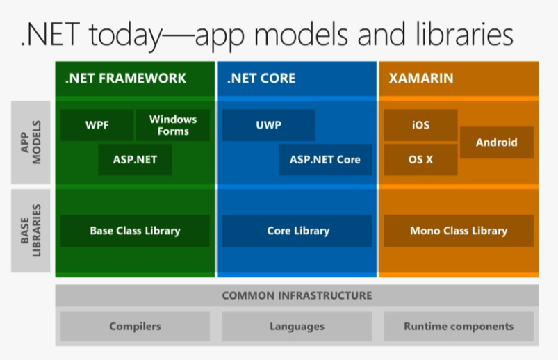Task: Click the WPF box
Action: pyautogui.click(x=96, y=126)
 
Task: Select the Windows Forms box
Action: pyautogui.click(x=172, y=126)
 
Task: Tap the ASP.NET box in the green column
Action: pyautogui.click(x=135, y=159)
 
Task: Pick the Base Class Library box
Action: pyautogui.click(x=135, y=231)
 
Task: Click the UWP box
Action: pyautogui.click(x=268, y=126)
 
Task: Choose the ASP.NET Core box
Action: pyautogui.click(x=325, y=159)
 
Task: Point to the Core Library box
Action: pyautogui.click(x=297, y=231)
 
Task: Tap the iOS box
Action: pyautogui.click(x=420, y=126)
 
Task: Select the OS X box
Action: pyautogui.click(x=420, y=159)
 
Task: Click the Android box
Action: pyautogui.click(x=496, y=142)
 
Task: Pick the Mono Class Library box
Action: pyautogui.click(x=459, y=231)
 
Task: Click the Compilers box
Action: pyautogui.click(x=135, y=326)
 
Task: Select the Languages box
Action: pyautogui.click(x=297, y=326)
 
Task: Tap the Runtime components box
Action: pyautogui.click(x=459, y=326)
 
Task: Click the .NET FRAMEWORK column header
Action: pyautogui.click(x=126, y=79)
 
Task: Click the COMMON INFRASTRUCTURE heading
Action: pyautogui.click(x=297, y=295)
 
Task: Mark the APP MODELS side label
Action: pyautogui.click(x=31, y=142)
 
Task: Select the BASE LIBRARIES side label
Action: pyautogui.click(x=31, y=231)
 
